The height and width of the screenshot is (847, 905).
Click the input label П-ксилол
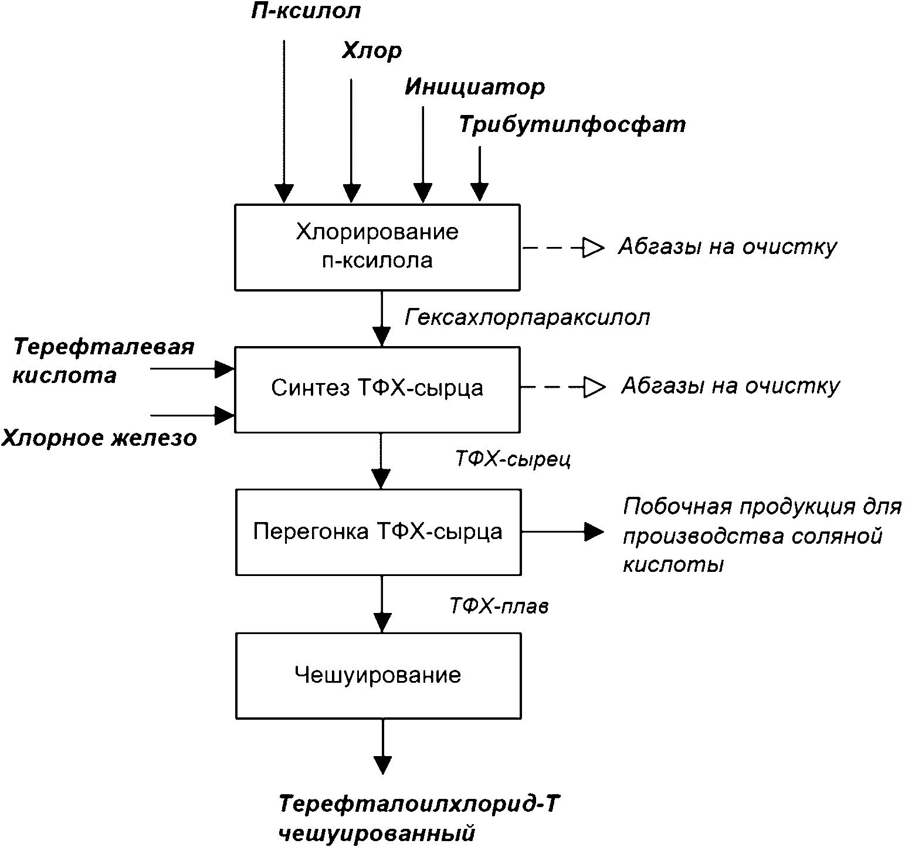point(306,12)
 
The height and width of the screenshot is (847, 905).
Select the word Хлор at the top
point(372,51)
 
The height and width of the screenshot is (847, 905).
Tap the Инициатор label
point(474,87)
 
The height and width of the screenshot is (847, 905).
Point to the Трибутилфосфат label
point(572,125)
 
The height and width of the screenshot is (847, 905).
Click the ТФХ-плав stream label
point(499,605)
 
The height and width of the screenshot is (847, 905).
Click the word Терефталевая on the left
point(104,347)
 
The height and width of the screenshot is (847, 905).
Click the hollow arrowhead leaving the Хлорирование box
point(593,248)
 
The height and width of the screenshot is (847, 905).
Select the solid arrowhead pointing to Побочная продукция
point(594,531)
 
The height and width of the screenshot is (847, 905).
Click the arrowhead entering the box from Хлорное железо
point(225,415)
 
